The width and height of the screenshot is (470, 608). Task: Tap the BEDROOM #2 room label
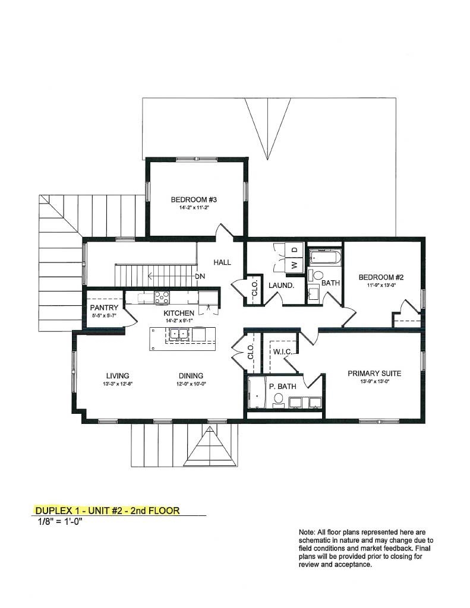[381, 277]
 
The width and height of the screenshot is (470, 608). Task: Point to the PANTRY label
[104, 308]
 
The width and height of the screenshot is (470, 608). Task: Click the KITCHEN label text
[179, 313]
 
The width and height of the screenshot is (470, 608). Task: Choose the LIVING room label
[118, 375]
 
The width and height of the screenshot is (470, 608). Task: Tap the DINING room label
[191, 375]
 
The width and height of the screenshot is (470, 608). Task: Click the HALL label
[222, 262]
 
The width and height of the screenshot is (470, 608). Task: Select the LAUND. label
[281, 286]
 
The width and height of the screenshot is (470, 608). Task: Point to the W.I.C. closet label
[281, 352]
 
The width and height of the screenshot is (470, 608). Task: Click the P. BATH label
[280, 386]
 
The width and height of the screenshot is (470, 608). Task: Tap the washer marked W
[294, 264]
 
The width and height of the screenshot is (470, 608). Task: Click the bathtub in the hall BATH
[324, 258]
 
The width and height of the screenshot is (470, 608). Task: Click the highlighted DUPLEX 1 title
[107, 511]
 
